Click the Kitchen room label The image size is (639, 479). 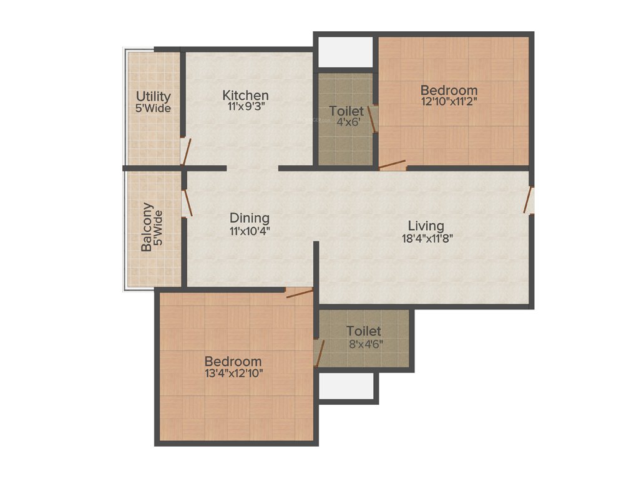pyautogui.click(x=246, y=95)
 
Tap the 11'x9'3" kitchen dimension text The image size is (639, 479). pyautogui.click(x=246, y=107)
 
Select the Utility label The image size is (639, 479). pyautogui.click(x=154, y=97)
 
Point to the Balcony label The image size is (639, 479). pyautogui.click(x=147, y=227)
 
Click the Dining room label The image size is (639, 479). pyautogui.click(x=250, y=218)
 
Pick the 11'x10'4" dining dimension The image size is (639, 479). pyautogui.click(x=250, y=231)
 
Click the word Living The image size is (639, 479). pyautogui.click(x=426, y=226)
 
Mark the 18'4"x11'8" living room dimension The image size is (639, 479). pyautogui.click(x=426, y=238)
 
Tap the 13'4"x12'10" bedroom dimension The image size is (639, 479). pyautogui.click(x=233, y=374)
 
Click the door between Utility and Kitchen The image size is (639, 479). pyautogui.click(x=185, y=152)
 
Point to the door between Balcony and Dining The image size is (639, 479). pyautogui.click(x=187, y=202)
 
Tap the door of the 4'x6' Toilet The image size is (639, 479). pyautogui.click(x=373, y=119)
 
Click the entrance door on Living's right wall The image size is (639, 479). pyautogui.click(x=529, y=200)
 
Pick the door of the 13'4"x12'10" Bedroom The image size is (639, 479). pyautogui.click(x=299, y=293)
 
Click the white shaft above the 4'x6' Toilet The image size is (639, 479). pyautogui.click(x=345, y=52)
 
